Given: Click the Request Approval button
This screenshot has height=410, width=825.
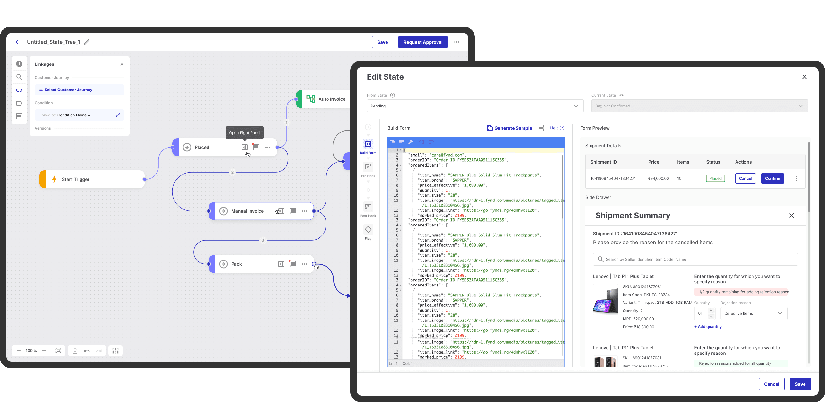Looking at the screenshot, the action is [423, 42].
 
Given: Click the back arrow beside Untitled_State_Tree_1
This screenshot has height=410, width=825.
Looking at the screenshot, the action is [18, 42].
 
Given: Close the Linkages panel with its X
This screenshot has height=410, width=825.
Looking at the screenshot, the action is [122, 64].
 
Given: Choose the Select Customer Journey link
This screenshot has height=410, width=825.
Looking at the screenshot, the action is [68, 90].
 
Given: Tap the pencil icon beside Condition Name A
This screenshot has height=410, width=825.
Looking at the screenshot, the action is [118, 115].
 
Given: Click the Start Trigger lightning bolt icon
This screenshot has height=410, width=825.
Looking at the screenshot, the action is [54, 179].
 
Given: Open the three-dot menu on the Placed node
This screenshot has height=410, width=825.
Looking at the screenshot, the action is [268, 147].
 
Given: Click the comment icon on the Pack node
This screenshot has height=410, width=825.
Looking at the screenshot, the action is [293, 264].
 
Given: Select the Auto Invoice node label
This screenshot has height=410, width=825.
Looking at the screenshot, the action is [332, 99].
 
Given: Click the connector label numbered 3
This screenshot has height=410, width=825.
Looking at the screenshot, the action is [263, 240].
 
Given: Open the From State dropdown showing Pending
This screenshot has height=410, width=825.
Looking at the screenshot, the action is [475, 106].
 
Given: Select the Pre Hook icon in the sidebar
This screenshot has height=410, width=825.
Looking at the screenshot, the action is [368, 167].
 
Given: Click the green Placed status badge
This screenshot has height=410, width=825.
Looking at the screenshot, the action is [715, 178].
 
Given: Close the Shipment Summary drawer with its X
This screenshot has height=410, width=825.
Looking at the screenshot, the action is [792, 216].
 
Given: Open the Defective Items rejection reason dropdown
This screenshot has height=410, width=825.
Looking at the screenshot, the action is [754, 313].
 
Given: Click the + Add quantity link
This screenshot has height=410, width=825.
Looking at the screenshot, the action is [708, 327].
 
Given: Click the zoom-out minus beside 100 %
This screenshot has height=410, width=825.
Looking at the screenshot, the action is [19, 351].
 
